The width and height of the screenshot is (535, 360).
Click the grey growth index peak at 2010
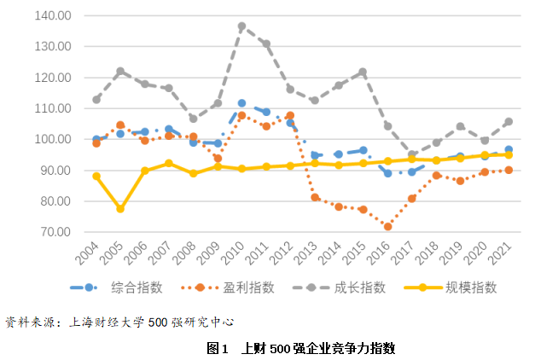tap(241, 26)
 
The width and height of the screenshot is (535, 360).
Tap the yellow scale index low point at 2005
tap(120, 209)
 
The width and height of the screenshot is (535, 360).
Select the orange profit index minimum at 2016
tap(387, 227)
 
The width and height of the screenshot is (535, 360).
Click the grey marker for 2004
tap(96, 100)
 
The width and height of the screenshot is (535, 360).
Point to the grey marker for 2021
tap(509, 121)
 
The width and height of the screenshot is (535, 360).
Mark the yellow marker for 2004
tap(96, 177)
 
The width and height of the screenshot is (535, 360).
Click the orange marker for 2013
tap(315, 197)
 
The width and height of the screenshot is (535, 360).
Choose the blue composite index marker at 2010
tap(241, 103)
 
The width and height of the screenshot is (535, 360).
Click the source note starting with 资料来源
tap(119, 322)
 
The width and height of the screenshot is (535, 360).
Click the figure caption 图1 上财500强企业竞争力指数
tap(300, 348)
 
